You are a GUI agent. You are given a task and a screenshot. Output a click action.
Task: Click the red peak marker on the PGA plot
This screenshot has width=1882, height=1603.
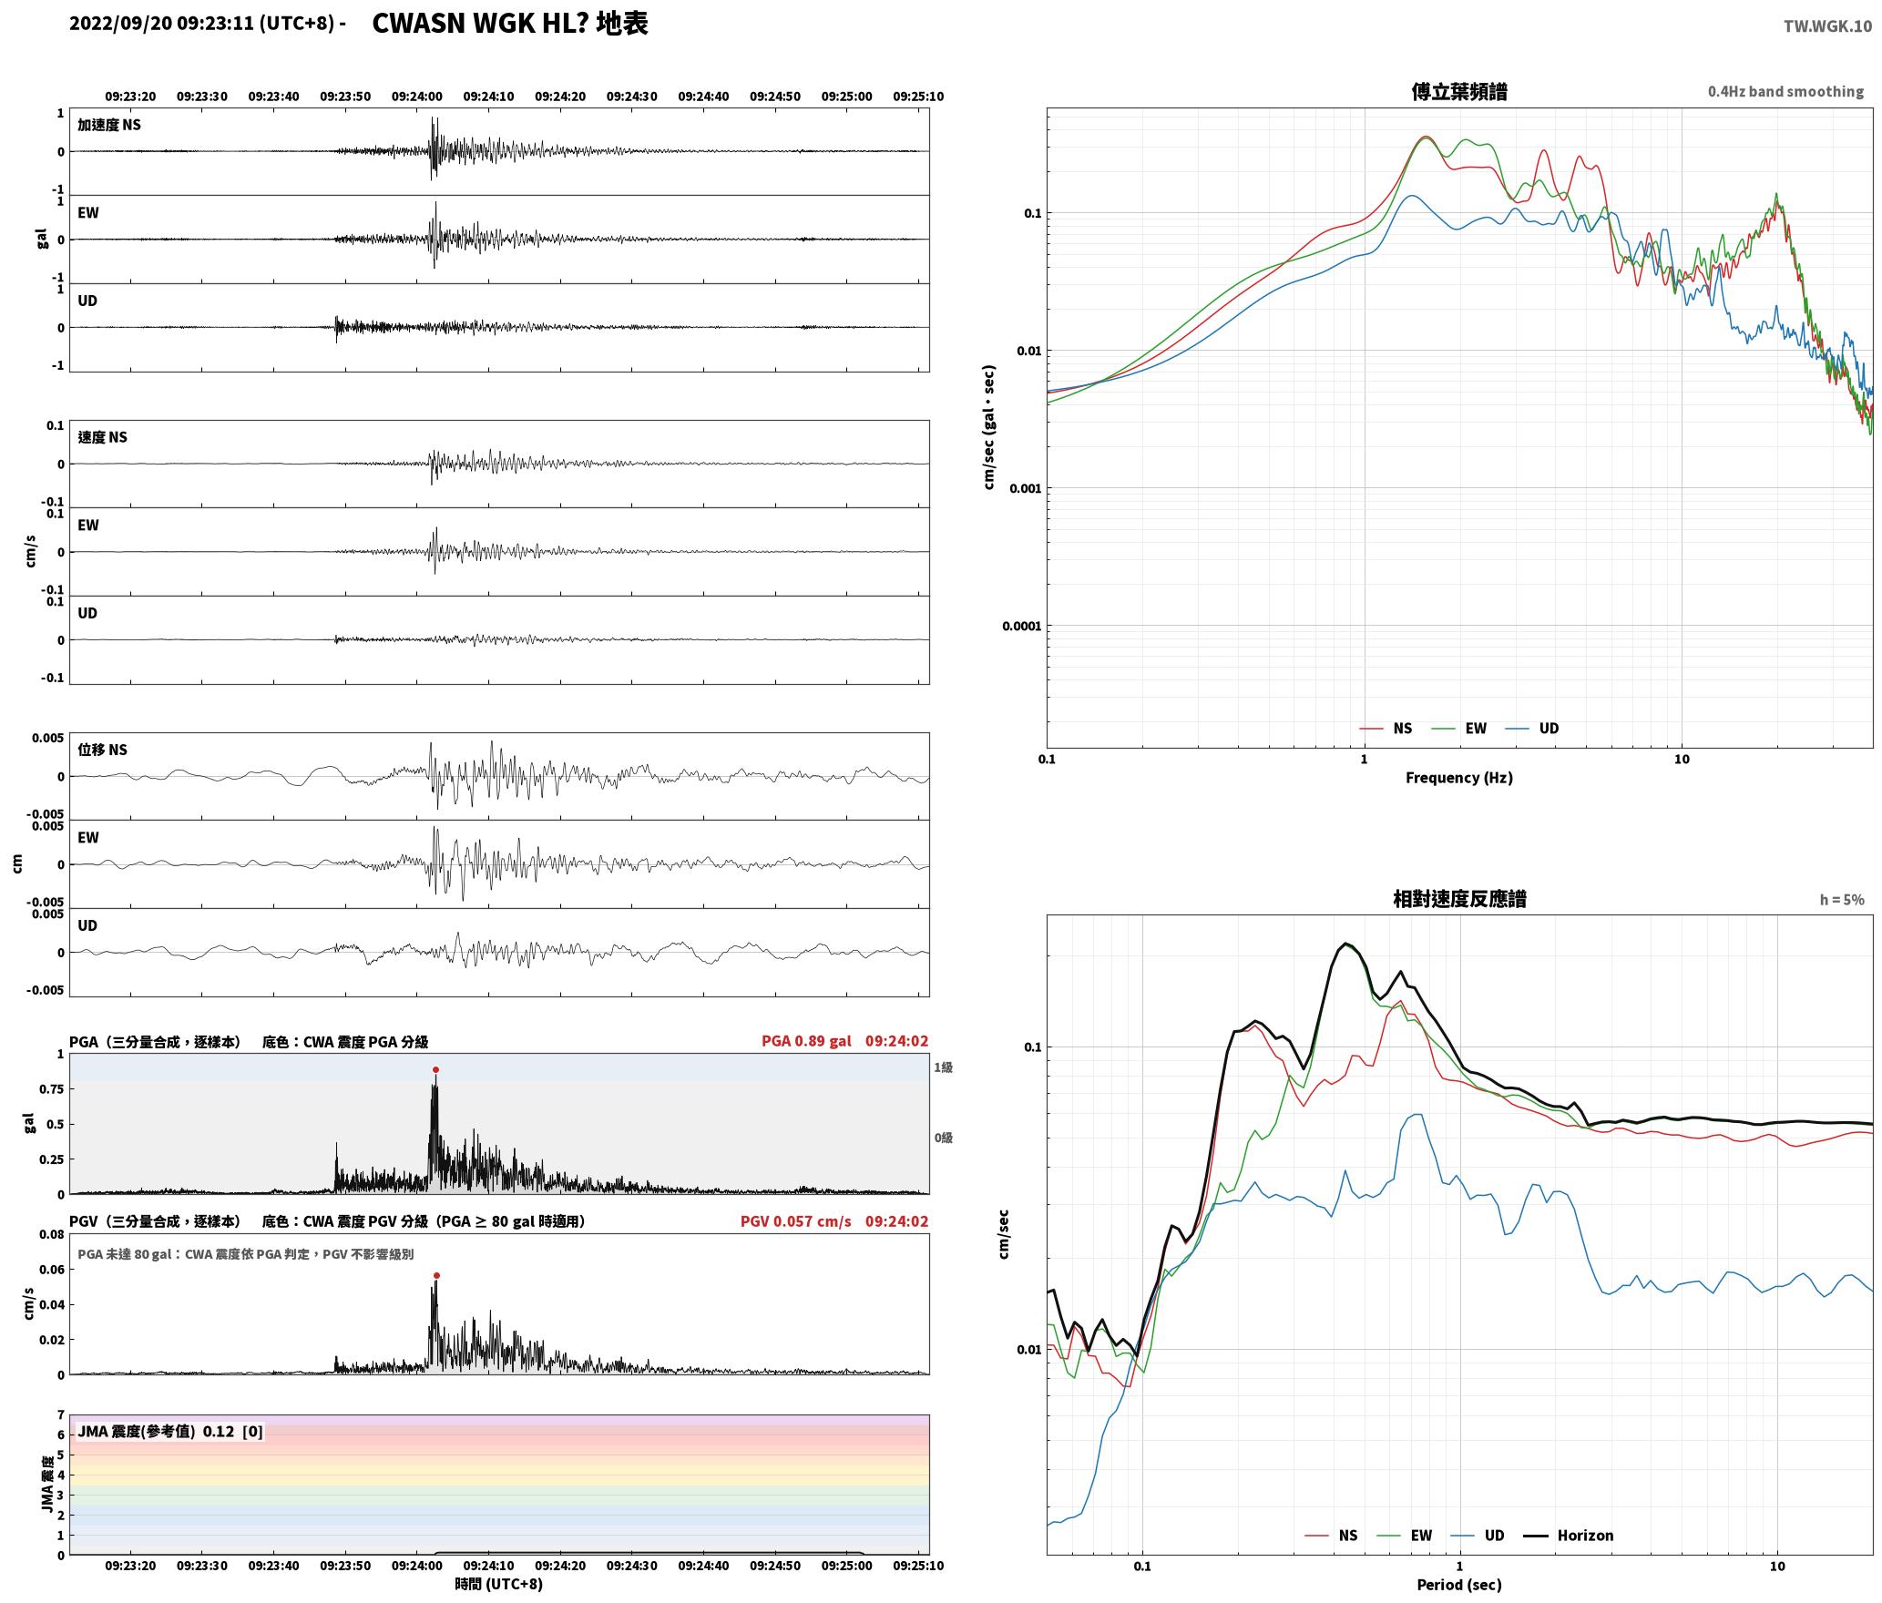click(435, 1069)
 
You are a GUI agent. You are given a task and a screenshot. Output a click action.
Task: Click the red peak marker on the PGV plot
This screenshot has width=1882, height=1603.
click(436, 1276)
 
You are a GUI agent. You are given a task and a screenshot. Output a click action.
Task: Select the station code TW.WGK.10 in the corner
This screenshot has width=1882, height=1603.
click(1827, 26)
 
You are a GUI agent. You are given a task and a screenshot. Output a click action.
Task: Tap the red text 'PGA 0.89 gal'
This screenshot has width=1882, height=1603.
click(806, 1041)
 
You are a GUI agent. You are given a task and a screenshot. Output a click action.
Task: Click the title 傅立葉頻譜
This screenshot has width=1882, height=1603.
click(1458, 92)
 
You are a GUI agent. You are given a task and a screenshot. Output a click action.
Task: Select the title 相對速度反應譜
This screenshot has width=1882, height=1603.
click(1459, 899)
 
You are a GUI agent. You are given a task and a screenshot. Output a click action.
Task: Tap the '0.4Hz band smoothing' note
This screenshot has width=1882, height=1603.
click(1785, 92)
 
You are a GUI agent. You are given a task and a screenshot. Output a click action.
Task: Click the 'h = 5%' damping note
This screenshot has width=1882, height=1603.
click(1842, 900)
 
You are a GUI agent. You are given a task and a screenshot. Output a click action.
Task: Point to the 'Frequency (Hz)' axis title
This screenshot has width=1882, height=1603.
click(1458, 778)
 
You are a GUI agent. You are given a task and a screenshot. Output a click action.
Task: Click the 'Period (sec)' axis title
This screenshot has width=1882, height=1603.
click(1458, 1585)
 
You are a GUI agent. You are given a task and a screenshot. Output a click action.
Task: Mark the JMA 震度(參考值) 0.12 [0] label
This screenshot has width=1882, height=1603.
click(170, 1432)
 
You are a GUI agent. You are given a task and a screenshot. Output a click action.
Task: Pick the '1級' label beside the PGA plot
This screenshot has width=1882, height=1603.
click(943, 1067)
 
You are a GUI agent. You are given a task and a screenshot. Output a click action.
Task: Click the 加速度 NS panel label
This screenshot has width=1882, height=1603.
click(109, 125)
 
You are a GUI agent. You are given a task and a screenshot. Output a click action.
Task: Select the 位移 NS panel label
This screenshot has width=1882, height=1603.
click(102, 750)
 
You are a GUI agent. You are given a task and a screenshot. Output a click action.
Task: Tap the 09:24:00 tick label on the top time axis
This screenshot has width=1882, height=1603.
click(417, 97)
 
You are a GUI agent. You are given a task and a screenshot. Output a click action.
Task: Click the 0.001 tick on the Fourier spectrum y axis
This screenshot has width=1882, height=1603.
click(1025, 488)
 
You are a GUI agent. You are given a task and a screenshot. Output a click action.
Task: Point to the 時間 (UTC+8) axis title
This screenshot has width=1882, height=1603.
click(498, 1585)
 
